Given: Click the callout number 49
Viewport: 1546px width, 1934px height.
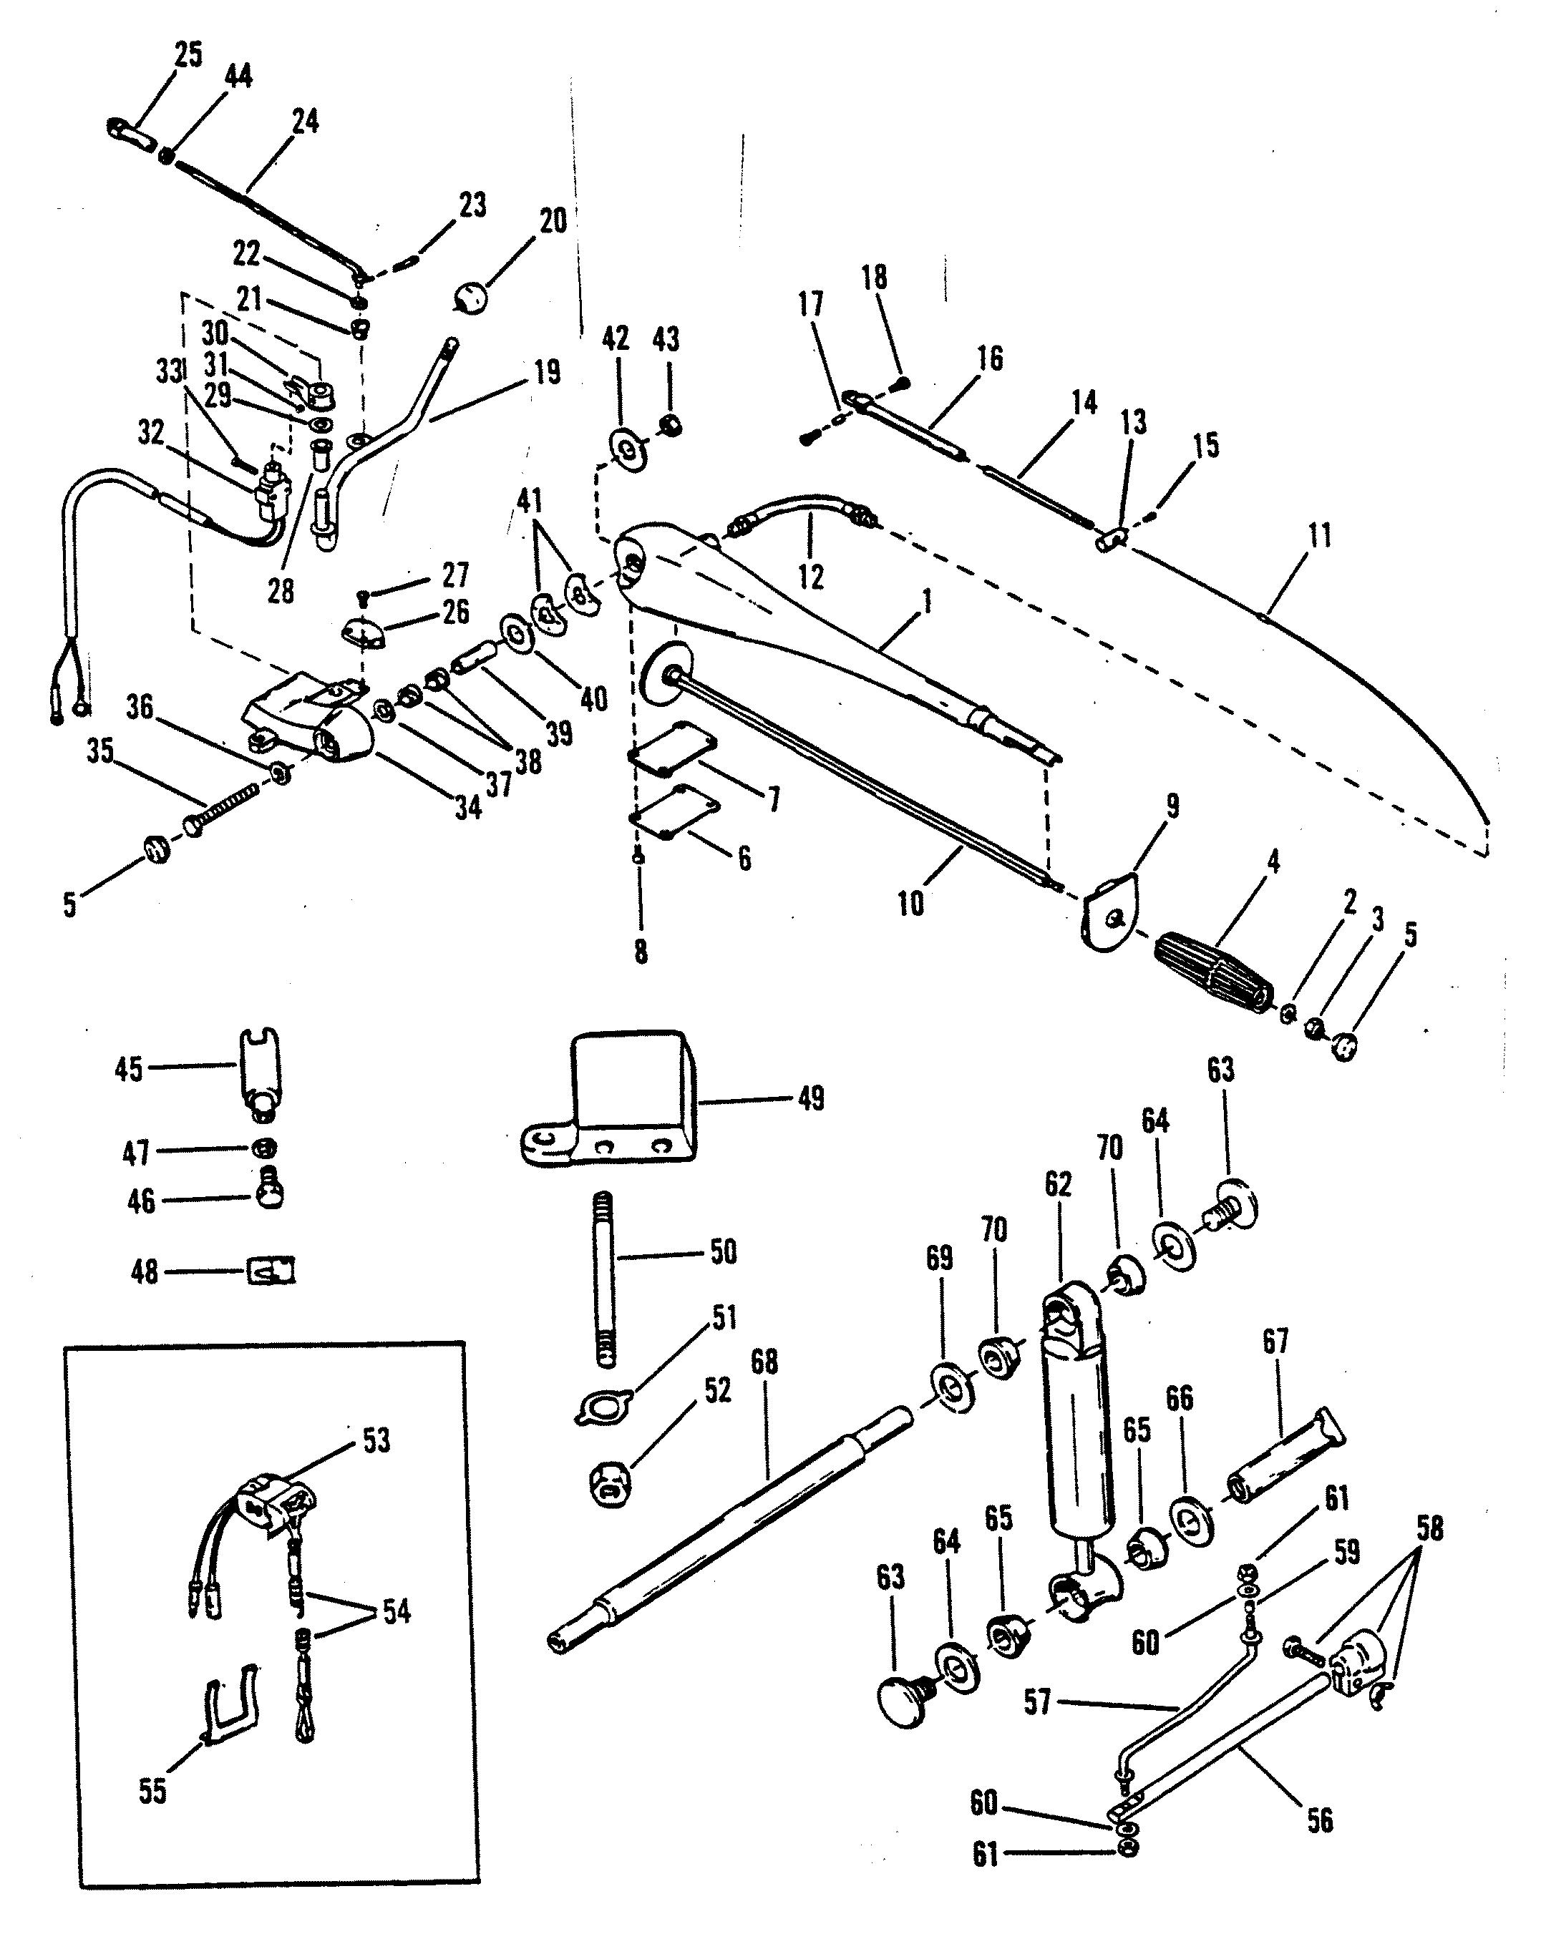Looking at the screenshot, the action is coord(810,1099).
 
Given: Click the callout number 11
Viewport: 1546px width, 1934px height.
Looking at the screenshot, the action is coord(1319,535).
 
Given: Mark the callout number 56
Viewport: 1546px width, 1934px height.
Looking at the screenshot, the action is coord(1320,1820).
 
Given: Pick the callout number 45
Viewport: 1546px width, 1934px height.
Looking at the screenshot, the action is coord(128,1069).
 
